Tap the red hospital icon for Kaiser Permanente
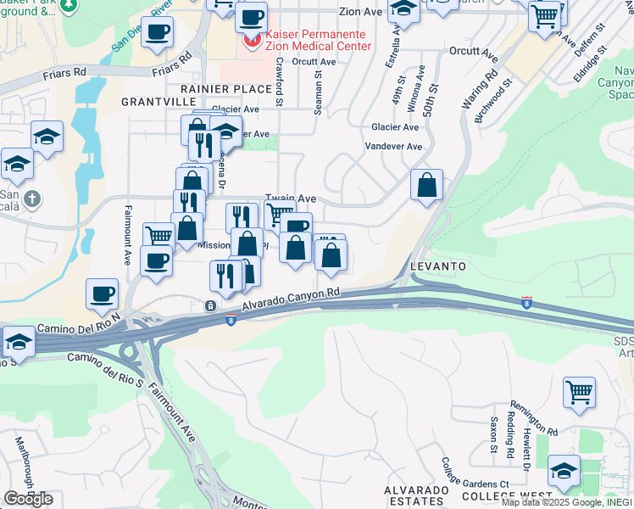click(252, 41)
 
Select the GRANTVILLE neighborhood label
click(158, 101)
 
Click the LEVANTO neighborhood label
click(438, 266)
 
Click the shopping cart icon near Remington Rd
click(580, 393)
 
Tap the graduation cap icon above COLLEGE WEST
click(564, 469)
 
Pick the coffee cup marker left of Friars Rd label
click(157, 33)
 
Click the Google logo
click(28, 499)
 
